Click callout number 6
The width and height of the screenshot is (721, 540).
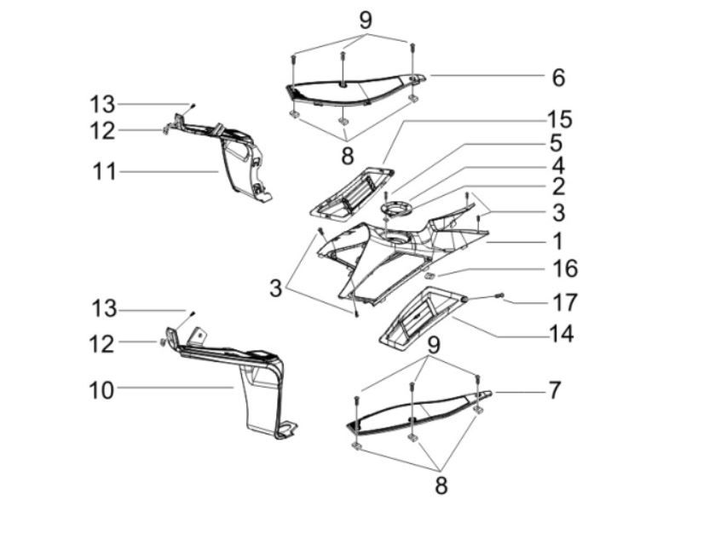[x=558, y=78]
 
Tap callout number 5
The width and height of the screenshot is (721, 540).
[x=555, y=143]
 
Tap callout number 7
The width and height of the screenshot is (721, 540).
[x=555, y=391]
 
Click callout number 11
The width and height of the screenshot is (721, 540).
[x=103, y=171]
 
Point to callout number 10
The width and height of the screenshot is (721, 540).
[x=101, y=390]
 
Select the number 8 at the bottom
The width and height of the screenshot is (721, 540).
[x=441, y=485]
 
